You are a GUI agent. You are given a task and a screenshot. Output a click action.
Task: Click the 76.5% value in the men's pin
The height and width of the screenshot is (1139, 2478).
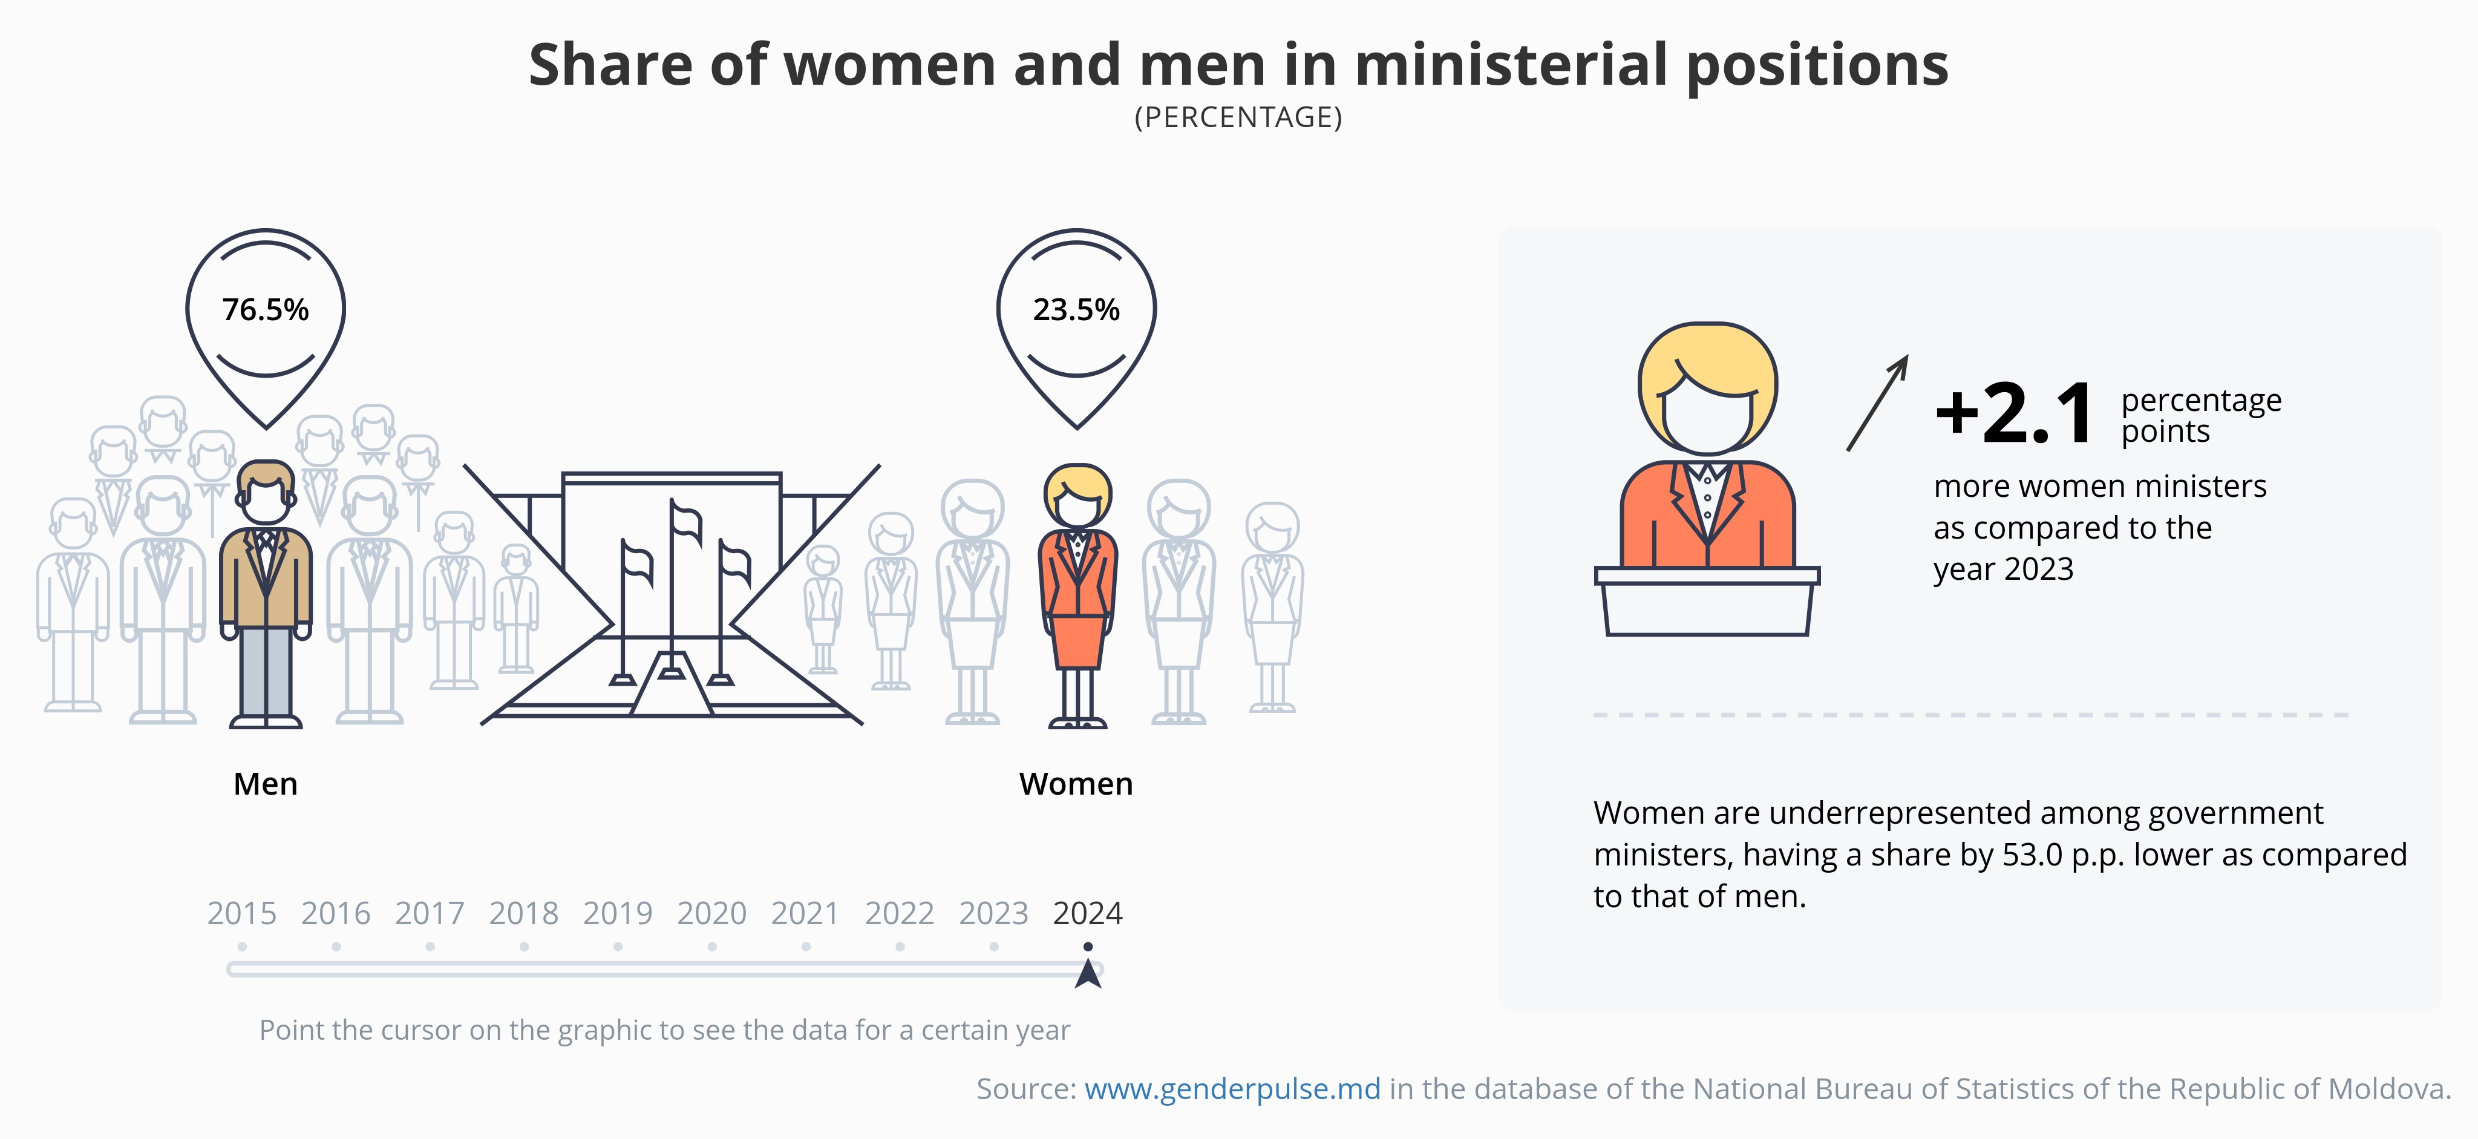click(x=266, y=310)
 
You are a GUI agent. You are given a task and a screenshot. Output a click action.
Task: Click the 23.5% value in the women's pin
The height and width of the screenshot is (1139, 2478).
click(x=1076, y=310)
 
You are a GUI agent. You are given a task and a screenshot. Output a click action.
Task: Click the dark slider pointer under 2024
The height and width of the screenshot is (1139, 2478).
click(x=1088, y=974)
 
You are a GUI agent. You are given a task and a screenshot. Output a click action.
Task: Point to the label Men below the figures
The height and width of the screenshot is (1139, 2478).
click(x=266, y=784)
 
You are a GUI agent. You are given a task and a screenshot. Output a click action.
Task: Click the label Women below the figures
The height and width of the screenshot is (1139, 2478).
click(x=1076, y=784)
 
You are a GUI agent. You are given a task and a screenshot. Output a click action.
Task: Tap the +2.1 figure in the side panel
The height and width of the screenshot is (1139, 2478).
click(x=2015, y=413)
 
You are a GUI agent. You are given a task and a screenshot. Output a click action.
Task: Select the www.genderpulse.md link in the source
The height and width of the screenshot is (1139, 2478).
click(x=1232, y=1089)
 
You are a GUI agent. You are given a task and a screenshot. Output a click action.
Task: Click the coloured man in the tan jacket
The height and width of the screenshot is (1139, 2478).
click(x=266, y=587)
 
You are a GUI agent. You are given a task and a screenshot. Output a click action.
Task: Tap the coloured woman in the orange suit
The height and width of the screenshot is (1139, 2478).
click(x=1077, y=587)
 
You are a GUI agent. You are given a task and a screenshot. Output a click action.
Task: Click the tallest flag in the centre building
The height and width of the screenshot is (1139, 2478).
click(x=685, y=524)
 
